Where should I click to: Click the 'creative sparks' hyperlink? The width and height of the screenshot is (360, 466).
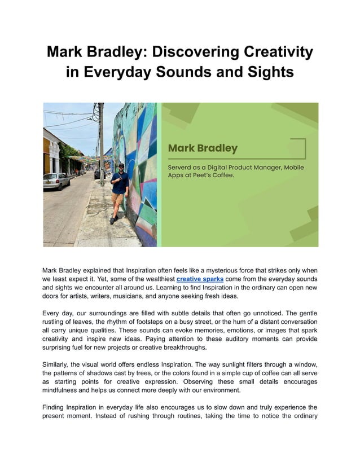(200, 279)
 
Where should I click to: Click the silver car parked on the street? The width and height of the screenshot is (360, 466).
(56, 181)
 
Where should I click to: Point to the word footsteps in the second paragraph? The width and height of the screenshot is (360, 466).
(154, 322)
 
